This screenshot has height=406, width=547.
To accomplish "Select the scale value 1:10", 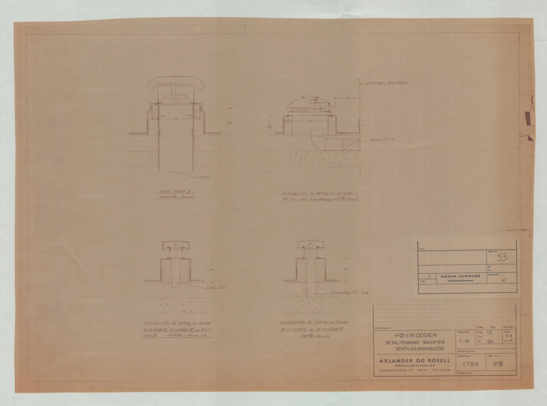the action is tap(464, 341).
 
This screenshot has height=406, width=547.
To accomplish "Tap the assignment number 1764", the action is tap(470, 364).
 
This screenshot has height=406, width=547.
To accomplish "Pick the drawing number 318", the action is tap(497, 364).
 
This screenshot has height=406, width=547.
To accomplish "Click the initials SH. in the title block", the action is tap(490, 342).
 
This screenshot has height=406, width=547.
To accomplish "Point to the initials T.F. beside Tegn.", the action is tap(489, 332).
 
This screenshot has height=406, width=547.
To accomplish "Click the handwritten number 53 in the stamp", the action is tap(502, 257).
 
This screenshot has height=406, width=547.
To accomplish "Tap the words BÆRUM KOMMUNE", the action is tap(461, 276).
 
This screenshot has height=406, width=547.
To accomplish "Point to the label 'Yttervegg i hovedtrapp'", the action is tap(387, 83).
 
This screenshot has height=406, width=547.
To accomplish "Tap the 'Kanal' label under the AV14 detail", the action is tap(203, 177).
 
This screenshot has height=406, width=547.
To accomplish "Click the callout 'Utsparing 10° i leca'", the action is tap(350, 293).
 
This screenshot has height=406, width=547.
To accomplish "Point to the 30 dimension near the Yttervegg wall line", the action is tap(347, 98).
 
